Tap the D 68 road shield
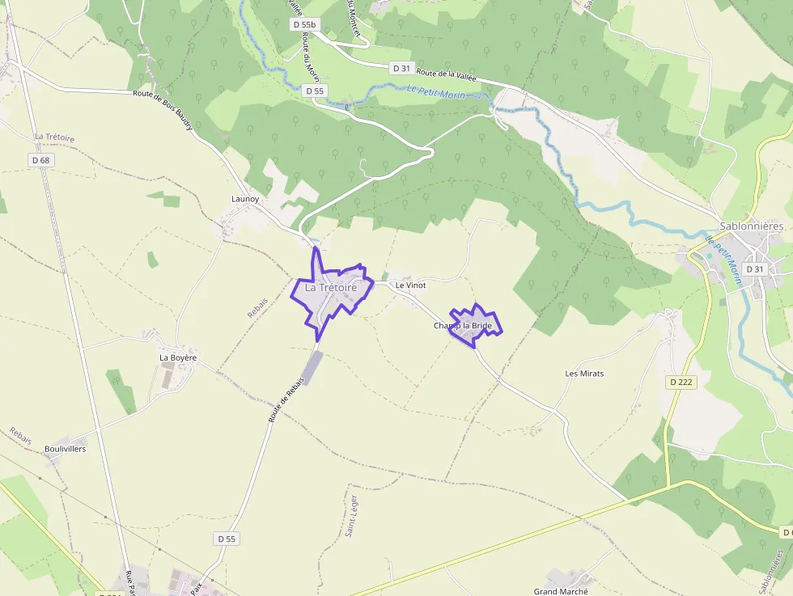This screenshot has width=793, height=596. pos(41,160)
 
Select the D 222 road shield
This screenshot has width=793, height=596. pos(683,382)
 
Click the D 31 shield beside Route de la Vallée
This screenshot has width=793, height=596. pos(402,69)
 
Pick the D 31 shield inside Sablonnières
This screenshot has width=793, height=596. pos(755,268)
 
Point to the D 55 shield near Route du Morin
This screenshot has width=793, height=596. pos(316,91)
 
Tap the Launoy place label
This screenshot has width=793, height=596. pos(245,198)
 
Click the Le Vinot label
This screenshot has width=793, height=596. pos(410,285)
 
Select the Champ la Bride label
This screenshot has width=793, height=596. pos(462,326)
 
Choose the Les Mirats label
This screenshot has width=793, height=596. pos(584,374)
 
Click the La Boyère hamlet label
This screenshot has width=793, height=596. pos(178,357)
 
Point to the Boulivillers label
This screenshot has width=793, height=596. pos(66,449)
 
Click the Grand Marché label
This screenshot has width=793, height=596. pos(561,592)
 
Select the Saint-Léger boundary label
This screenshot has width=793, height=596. pos(352,516)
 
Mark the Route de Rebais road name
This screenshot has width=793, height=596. pos(279,404)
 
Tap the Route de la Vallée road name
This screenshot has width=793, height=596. pos(447,74)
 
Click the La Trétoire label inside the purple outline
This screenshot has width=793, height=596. pos(331,287)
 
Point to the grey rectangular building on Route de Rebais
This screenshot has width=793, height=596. pos(312,368)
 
